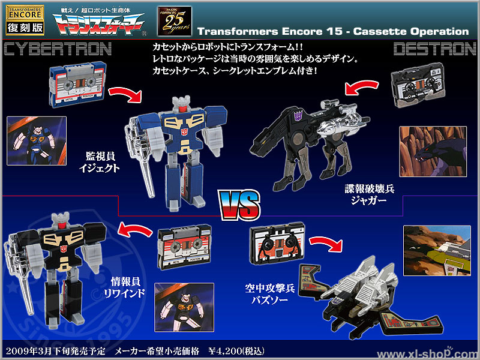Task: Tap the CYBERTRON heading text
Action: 57,48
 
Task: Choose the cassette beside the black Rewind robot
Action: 178,246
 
